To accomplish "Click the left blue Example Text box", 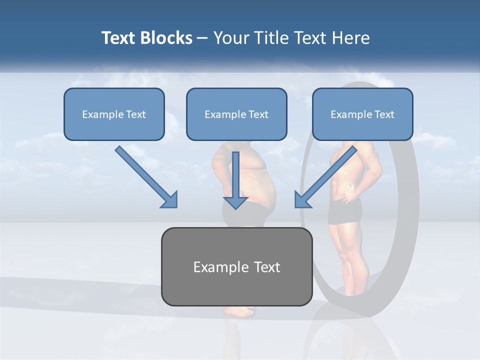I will tap(114, 114).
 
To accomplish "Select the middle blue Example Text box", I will tap(236, 114).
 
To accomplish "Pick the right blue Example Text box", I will tap(362, 114).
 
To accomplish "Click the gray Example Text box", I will tap(236, 266).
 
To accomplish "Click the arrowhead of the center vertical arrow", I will tap(235, 202).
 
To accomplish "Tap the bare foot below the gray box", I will tap(240, 311).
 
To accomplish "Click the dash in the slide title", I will tap(202, 38).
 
